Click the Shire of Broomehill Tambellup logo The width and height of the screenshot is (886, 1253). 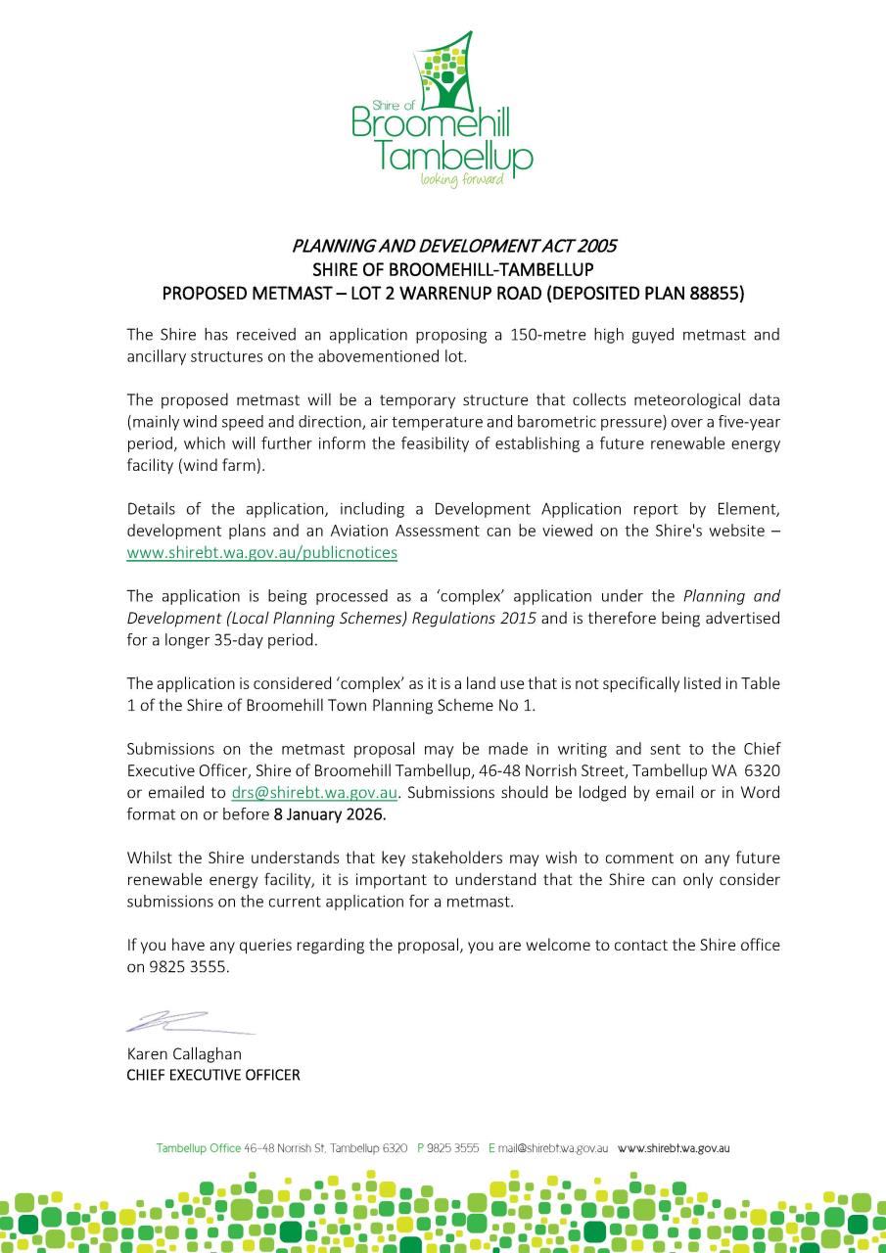pyautogui.click(x=443, y=108)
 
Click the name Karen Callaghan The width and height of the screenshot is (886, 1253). pyautogui.click(x=184, y=1054)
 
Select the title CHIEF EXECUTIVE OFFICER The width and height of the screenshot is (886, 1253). pyautogui.click(x=213, y=1075)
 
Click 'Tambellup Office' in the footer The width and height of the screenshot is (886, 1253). pyautogui.click(x=199, y=1148)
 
